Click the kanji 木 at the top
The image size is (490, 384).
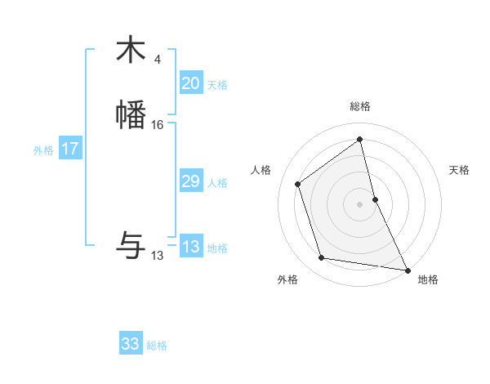click(131, 50)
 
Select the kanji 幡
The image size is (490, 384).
click(131, 115)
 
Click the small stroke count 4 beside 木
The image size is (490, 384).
click(158, 59)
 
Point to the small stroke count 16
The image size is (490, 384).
click(158, 125)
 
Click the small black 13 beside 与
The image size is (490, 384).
click(157, 256)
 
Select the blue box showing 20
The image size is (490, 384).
click(190, 83)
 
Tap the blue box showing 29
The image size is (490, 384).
click(190, 181)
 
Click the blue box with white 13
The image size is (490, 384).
click(190, 247)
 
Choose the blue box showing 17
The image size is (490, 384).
click(70, 149)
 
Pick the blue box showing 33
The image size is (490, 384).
click(131, 344)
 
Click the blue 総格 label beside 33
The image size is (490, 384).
click(157, 346)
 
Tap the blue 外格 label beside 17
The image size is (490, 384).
click(43, 150)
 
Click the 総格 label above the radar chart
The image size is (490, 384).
click(360, 106)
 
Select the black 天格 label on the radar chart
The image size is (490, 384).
click(459, 170)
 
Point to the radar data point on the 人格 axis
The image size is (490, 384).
click(298, 184)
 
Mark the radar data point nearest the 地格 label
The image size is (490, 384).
click(407, 269)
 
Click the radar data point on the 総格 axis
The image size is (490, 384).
click(360, 140)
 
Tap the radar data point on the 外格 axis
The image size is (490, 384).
click(322, 258)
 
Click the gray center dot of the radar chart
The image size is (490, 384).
click(360, 204)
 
